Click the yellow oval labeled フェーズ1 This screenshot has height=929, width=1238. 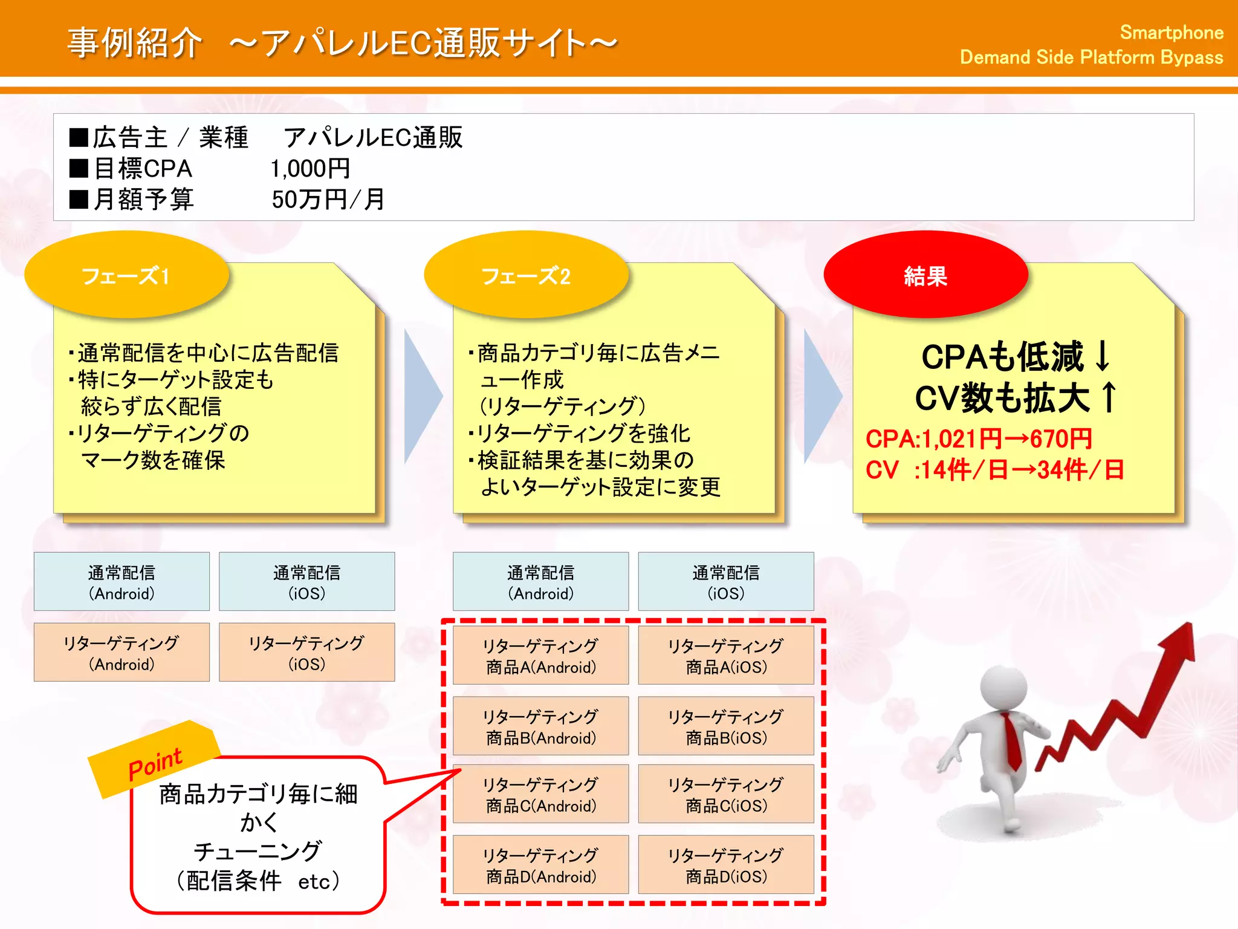[126, 276]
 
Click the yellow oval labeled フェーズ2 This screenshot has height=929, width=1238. [526, 276]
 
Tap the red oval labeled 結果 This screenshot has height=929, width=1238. [925, 276]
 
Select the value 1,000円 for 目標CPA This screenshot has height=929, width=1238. [310, 169]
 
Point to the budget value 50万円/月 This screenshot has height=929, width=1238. [328, 200]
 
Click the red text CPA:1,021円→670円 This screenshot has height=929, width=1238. [978, 439]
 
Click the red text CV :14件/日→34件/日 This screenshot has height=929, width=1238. [994, 470]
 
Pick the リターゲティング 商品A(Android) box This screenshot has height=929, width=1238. [540, 656]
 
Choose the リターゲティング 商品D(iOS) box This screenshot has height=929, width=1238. [725, 865]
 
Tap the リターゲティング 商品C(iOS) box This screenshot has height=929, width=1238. [725, 794]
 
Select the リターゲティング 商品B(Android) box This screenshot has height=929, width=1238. [540, 726]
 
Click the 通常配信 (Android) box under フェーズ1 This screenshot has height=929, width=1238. [122, 582]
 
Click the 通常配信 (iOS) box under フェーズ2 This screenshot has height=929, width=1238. [725, 582]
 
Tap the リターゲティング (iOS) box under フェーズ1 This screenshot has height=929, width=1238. [306, 653]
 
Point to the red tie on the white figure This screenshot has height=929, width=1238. [1011, 741]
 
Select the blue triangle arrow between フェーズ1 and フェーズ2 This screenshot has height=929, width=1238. [421, 397]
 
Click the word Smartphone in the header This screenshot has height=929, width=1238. [1171, 33]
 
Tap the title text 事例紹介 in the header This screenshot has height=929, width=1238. [134, 44]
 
